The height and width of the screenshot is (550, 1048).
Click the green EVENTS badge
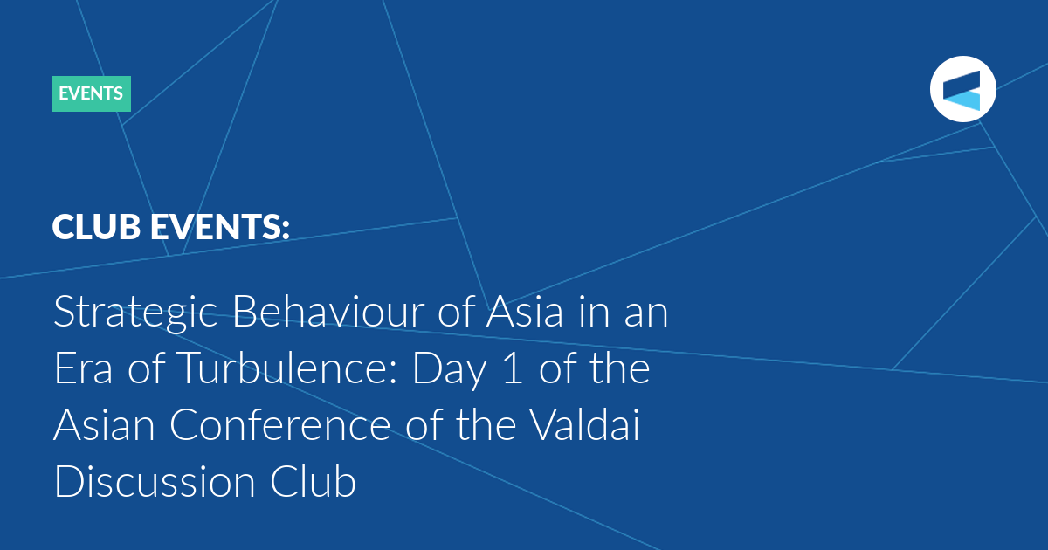[x=92, y=93]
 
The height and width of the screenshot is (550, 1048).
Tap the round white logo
[x=962, y=89]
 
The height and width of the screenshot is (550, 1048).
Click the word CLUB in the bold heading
[x=96, y=227]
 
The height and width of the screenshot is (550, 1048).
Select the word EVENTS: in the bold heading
[x=220, y=227]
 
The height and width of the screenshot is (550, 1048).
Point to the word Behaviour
[x=328, y=311]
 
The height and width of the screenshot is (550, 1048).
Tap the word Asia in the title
[x=525, y=311]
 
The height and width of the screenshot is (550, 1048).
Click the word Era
[x=83, y=368]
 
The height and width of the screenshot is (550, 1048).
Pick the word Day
[x=450, y=370]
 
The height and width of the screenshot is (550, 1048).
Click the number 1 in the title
[x=513, y=368]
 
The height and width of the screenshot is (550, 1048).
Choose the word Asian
[x=104, y=424]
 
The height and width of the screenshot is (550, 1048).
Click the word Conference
[x=279, y=424]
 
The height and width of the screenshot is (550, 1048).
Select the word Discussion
[x=155, y=481]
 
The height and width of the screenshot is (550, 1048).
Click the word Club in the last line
[x=313, y=481]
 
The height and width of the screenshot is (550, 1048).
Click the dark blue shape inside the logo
[x=962, y=84]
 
